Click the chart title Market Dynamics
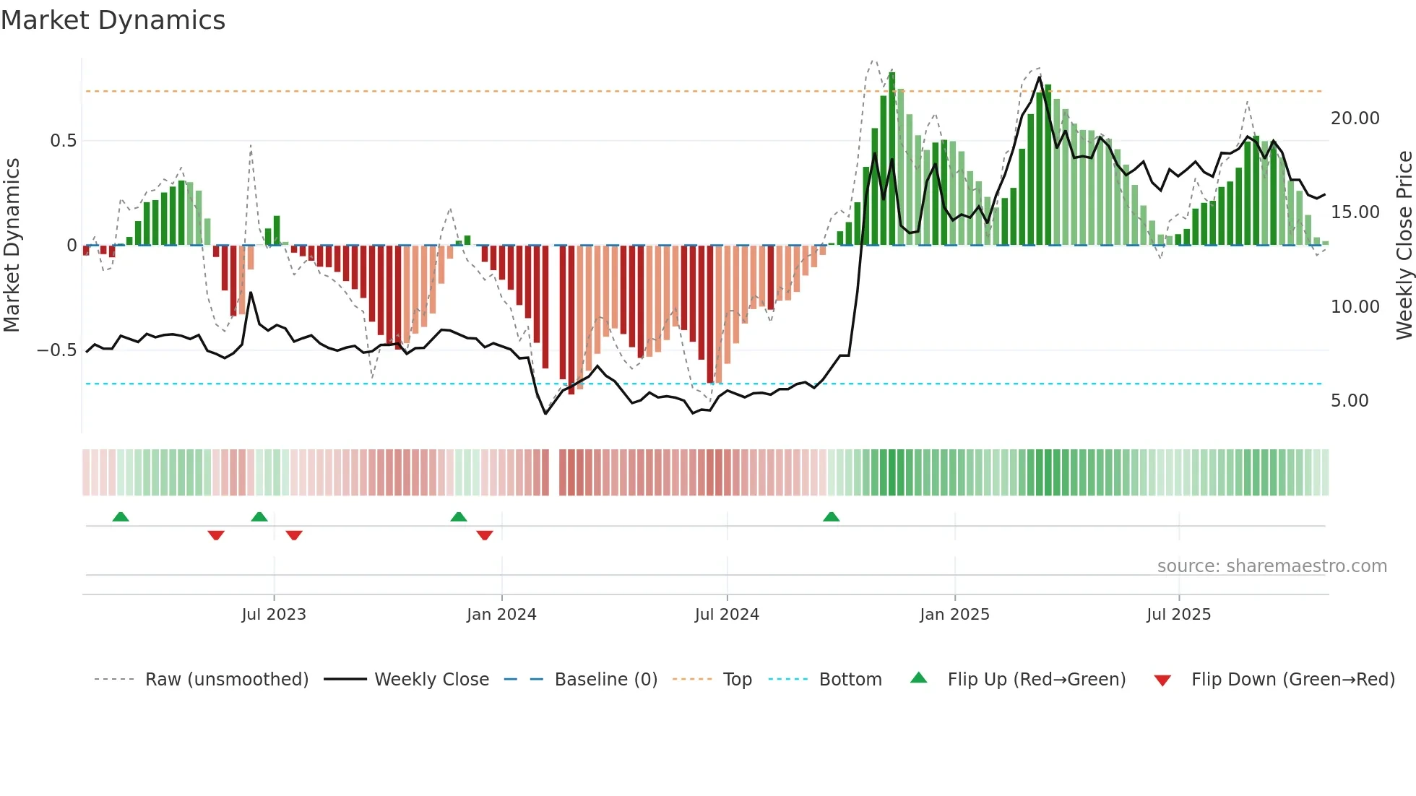pos(113,20)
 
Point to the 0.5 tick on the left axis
pos(63,141)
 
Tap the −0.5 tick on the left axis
pos(57,350)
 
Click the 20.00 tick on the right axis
pos(1355,118)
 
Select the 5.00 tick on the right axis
pos(1350,401)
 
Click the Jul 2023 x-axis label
pos(274,615)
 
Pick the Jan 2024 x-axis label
pos(501,615)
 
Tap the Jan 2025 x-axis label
pos(954,615)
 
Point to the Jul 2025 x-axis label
pos(1178,615)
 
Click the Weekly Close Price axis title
pos(1404,245)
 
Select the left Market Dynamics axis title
pos(12,245)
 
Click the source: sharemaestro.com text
pos(1272,566)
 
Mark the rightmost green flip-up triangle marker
pos(831,517)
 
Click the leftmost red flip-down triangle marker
pos(216,535)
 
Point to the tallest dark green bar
pos(892,159)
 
